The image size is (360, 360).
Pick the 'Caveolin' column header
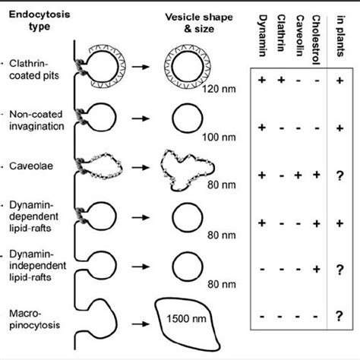(302, 35)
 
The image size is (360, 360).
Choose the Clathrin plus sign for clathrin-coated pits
(282, 80)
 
